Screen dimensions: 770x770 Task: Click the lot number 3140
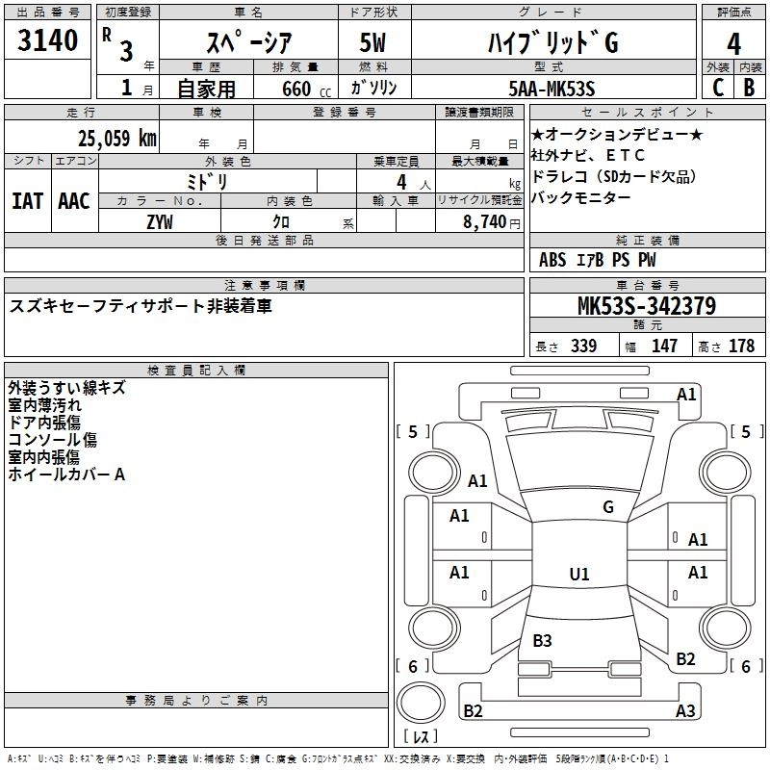[48, 41]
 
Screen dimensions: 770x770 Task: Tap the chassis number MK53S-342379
[646, 307]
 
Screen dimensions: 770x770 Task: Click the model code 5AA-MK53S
[552, 89]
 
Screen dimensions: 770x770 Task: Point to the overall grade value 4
[733, 44]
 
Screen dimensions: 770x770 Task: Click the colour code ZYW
[160, 221]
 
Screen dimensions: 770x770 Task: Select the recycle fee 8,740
[478, 221]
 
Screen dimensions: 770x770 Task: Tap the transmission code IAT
[27, 200]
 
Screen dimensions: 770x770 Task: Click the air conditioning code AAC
[74, 200]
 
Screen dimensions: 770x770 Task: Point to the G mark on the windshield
[607, 506]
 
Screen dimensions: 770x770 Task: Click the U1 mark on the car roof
[578, 574]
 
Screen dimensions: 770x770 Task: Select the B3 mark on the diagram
[542, 640]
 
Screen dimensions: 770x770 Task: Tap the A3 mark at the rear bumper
[684, 711]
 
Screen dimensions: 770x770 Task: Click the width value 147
[664, 346]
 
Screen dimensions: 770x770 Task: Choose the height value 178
[741, 346]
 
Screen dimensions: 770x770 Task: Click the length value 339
[583, 346]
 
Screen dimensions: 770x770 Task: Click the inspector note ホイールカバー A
[66, 474]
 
